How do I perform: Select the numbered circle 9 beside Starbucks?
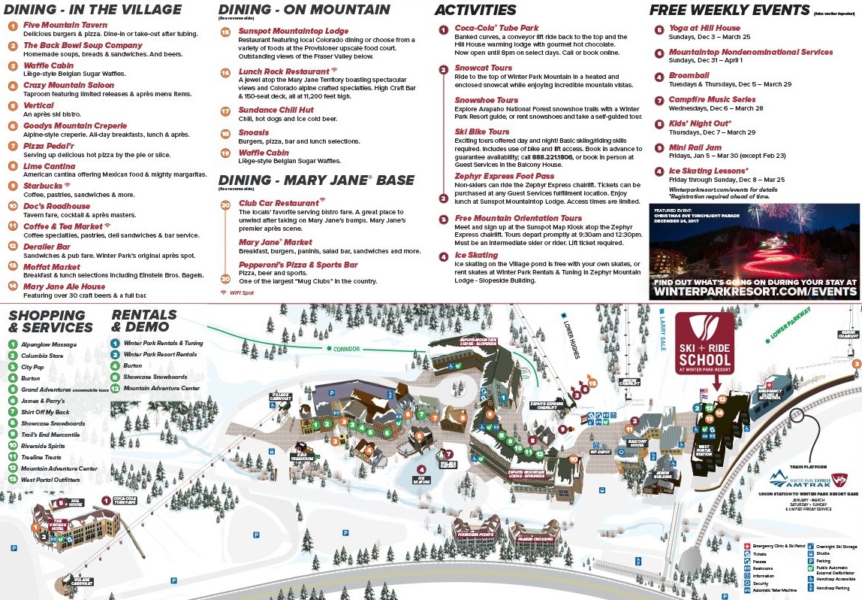tap(12, 185)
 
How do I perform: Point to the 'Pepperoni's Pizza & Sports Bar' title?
tap(288, 265)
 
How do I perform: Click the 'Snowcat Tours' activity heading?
tap(483, 68)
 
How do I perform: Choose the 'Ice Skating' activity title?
tap(476, 256)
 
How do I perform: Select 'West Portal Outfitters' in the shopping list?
tap(51, 479)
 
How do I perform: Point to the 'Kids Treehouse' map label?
tap(304, 456)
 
